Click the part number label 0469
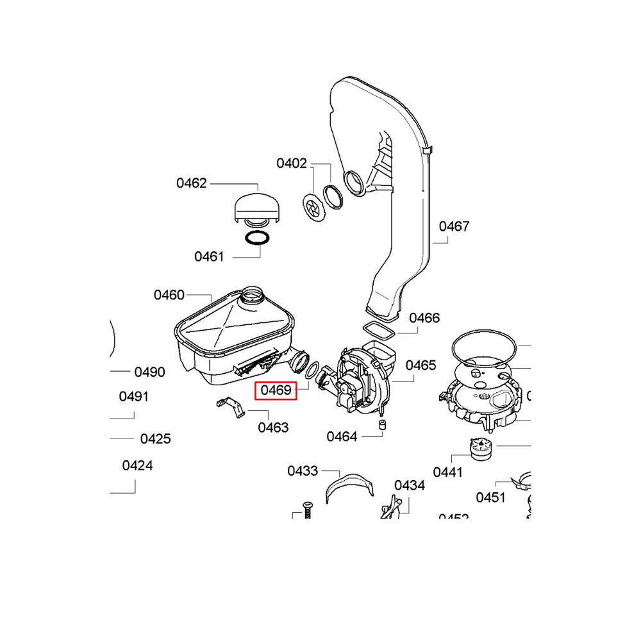click(x=276, y=390)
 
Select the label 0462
click(x=192, y=184)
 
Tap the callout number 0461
click(x=210, y=257)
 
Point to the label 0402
click(x=292, y=163)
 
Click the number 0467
click(x=454, y=226)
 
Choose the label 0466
click(x=424, y=318)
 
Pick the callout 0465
click(x=420, y=365)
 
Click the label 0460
click(x=169, y=295)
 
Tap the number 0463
click(x=273, y=428)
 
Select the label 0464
click(x=342, y=437)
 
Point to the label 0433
click(x=303, y=471)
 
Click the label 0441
click(x=447, y=472)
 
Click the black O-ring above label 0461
click(x=256, y=239)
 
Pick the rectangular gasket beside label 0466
click(x=379, y=331)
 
